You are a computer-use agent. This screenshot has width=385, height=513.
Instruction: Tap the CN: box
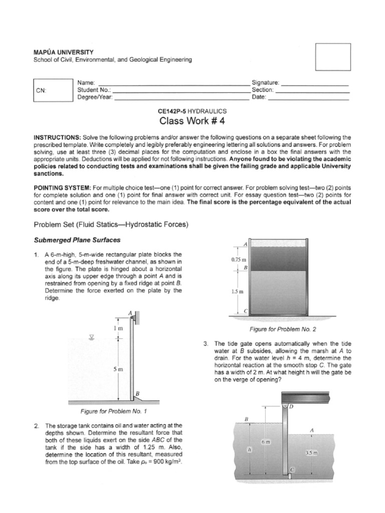coord(51,91)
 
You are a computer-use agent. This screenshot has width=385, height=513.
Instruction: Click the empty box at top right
coord(332,58)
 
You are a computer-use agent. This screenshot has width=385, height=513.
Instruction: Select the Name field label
coord(86,82)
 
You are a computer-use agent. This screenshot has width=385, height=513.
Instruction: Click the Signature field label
coord(266,82)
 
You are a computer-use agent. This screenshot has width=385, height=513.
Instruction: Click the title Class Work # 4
coord(192,121)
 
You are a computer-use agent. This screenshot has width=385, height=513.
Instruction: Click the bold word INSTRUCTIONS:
coord(57,137)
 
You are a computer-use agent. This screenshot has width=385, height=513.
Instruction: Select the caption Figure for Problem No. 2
coord(283,329)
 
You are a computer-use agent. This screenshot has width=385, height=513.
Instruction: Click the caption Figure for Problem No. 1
coord(114,411)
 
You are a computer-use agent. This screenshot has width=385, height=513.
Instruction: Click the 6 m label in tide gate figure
coord(266,442)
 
